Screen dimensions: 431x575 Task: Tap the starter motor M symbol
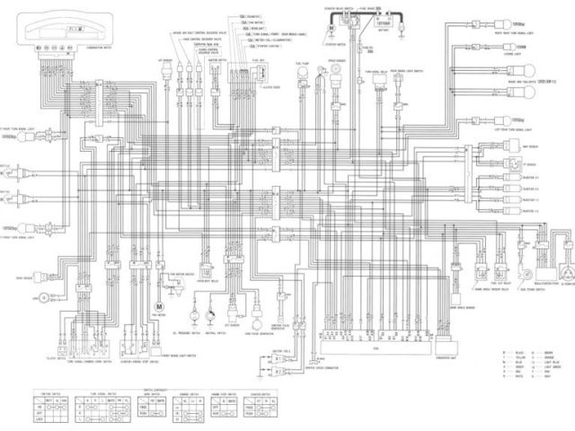tap(332, 26)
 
